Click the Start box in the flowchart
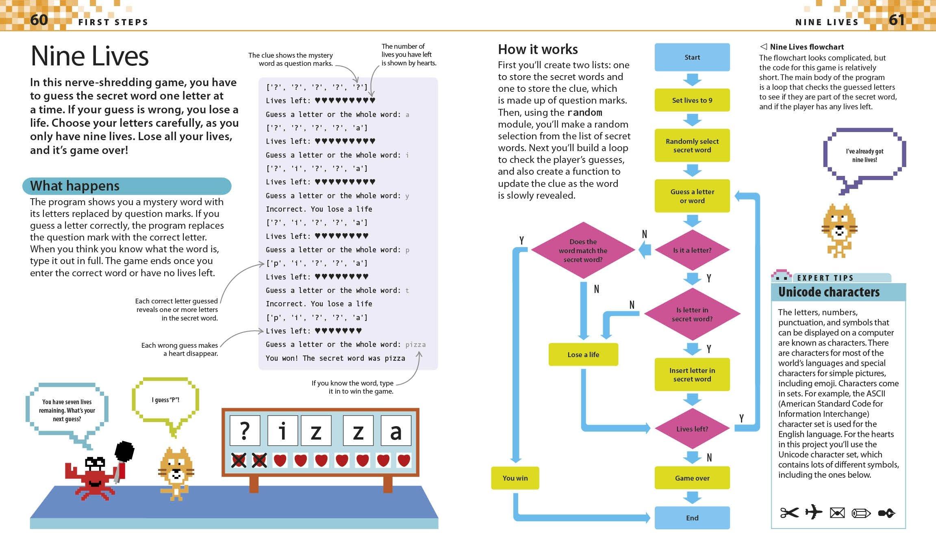pos(692,57)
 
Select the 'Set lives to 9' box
pos(692,100)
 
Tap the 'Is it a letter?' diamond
pos(692,250)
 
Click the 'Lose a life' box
pos(583,355)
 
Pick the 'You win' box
pos(515,478)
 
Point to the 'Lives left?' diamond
pos(692,429)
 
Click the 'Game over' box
pos(692,478)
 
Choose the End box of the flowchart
pos(692,518)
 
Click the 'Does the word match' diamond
pos(583,250)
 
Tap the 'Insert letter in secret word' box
pos(692,375)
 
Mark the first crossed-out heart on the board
pos(239,460)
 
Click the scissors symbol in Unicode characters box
pos(789,513)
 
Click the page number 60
pos(39,19)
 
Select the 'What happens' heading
pos(75,186)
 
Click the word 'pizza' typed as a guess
pos(415,345)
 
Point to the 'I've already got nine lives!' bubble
pos(864,155)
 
